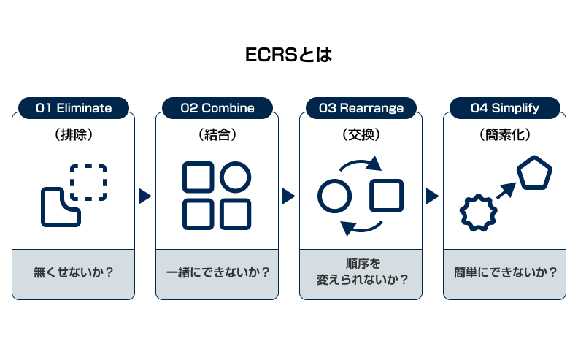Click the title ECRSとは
pyautogui.click(x=288, y=55)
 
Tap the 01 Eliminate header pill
pyautogui.click(x=74, y=108)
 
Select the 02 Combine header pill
pyautogui.click(x=217, y=108)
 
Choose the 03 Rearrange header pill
pyautogui.click(x=361, y=108)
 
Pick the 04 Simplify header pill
pyautogui.click(x=505, y=108)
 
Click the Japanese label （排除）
pyautogui.click(x=74, y=135)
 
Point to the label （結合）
pyautogui.click(x=217, y=135)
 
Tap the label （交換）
pyautogui.click(x=361, y=135)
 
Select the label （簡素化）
pyautogui.click(x=505, y=135)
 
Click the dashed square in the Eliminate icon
pyautogui.click(x=89, y=182)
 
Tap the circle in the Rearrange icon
pyautogui.click(x=335, y=196)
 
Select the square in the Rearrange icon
pyautogui.click(x=386, y=196)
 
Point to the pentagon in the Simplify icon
pyautogui.click(x=534, y=174)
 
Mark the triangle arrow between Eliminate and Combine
pyautogui.click(x=144, y=196)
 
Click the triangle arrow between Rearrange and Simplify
pyautogui.click(x=433, y=196)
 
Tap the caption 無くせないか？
pyautogui.click(x=74, y=273)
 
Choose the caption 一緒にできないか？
pyautogui.click(x=217, y=273)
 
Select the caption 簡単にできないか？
pyautogui.click(x=505, y=273)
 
